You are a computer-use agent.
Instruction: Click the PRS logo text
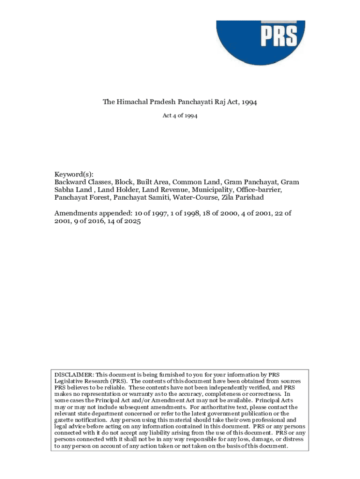(x=279, y=36)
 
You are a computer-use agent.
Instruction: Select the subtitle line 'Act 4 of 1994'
(x=180, y=116)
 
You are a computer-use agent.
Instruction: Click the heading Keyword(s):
(x=73, y=174)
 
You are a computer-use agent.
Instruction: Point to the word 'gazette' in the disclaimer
(x=65, y=421)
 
